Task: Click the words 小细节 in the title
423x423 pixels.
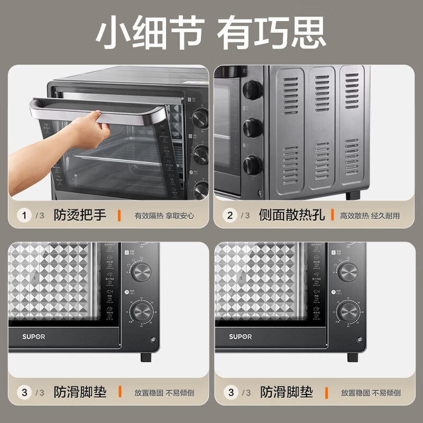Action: [x=149, y=32]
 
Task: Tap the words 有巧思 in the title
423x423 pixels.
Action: [x=272, y=32]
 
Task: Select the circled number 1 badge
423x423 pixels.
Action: [x=24, y=215]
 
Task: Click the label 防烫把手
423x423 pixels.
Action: [x=80, y=215]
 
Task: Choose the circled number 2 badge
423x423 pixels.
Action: [x=230, y=215]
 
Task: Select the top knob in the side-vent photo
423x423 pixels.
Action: [x=252, y=90]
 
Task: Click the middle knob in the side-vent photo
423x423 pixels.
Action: [x=252, y=127]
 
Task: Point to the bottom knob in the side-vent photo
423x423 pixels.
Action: [x=252, y=165]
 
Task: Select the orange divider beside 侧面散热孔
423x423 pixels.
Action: [x=332, y=215]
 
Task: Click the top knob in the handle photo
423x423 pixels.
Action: [x=200, y=117]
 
